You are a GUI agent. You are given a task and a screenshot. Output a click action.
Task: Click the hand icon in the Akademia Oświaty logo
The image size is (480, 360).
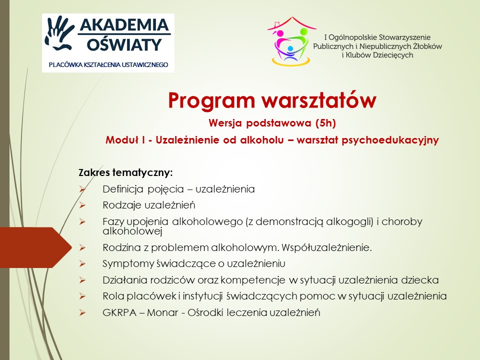[x=59, y=33]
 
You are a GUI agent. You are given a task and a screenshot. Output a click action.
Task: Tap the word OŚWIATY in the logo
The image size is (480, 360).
[x=124, y=44]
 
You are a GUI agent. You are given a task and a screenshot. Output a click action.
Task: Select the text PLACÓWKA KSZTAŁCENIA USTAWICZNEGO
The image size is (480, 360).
[x=108, y=65]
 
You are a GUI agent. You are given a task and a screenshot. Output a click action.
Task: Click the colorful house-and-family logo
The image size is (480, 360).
[x=291, y=41]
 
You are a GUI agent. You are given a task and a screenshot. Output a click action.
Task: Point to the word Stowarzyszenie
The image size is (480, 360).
[x=404, y=37]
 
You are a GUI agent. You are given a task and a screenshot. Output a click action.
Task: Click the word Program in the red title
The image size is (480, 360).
[x=211, y=100]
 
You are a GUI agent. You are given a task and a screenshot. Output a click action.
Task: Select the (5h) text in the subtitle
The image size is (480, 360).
[x=325, y=123]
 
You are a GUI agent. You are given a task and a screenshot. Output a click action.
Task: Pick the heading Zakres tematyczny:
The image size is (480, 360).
[x=126, y=172]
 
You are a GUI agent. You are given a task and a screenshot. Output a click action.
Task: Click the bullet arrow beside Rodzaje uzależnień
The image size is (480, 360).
[x=82, y=205]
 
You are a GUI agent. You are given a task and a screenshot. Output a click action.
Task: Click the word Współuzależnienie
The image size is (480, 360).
[x=326, y=247]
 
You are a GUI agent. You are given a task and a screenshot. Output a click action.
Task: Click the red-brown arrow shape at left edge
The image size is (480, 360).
[x=35, y=247]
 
